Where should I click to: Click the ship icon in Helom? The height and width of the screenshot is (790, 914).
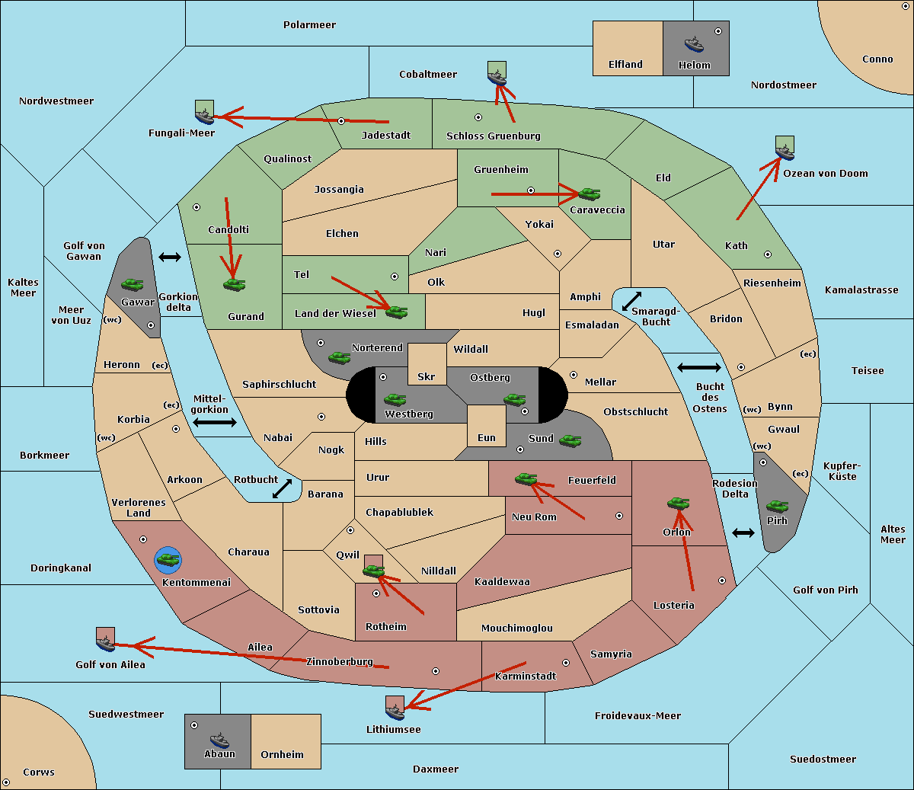pyautogui.click(x=694, y=45)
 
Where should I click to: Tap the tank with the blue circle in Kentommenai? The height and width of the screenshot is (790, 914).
pyautogui.click(x=168, y=560)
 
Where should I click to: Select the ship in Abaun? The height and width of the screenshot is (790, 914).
pyautogui.click(x=220, y=740)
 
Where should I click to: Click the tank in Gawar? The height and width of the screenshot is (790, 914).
pyautogui.click(x=133, y=284)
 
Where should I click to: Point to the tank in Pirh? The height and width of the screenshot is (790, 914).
pyautogui.click(x=778, y=506)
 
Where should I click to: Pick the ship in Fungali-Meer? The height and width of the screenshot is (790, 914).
pyautogui.click(x=204, y=116)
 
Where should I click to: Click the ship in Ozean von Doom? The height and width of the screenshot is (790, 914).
pyautogui.click(x=785, y=152)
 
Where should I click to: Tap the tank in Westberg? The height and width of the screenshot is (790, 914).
pyautogui.click(x=395, y=399)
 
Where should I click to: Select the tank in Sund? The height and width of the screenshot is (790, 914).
pyautogui.click(x=570, y=440)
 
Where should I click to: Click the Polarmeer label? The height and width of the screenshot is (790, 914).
pyautogui.click(x=309, y=25)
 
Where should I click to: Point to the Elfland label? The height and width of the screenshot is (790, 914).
pyautogui.click(x=625, y=64)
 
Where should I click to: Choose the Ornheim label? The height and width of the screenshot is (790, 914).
pyautogui.click(x=282, y=754)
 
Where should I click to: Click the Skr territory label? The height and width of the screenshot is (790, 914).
pyautogui.click(x=427, y=376)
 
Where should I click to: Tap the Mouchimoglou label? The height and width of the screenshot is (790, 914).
pyautogui.click(x=517, y=628)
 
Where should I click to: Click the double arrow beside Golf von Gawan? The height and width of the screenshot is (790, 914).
pyautogui.click(x=170, y=257)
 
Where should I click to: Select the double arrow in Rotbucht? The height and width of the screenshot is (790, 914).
pyautogui.click(x=282, y=488)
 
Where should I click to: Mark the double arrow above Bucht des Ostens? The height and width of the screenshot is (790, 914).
pyautogui.click(x=699, y=367)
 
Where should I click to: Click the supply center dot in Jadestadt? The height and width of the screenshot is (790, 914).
pyautogui.click(x=341, y=121)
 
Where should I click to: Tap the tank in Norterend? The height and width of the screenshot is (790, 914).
pyautogui.click(x=339, y=357)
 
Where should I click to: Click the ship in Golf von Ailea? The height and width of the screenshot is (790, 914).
pyautogui.click(x=106, y=643)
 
